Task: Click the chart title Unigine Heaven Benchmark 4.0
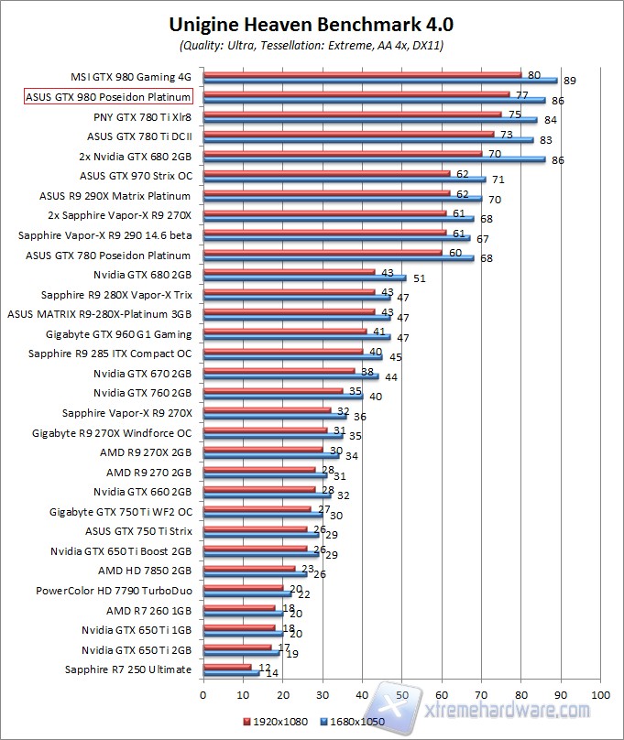[x=312, y=23]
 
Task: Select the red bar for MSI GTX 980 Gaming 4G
[x=362, y=74]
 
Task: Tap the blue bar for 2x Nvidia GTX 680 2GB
[x=374, y=159]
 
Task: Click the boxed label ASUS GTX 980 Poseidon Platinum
[x=108, y=96]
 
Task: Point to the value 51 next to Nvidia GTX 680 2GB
[x=419, y=278]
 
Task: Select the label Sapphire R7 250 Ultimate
[x=128, y=669]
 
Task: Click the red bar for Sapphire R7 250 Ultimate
[x=226, y=667]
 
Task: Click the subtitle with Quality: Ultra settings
[x=312, y=44]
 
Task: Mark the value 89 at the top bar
[x=570, y=82]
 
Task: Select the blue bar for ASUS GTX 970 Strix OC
[x=344, y=180]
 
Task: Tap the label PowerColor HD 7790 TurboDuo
[x=114, y=591]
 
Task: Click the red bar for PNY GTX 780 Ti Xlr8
[x=352, y=114]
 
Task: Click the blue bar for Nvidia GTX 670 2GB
[x=290, y=376]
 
